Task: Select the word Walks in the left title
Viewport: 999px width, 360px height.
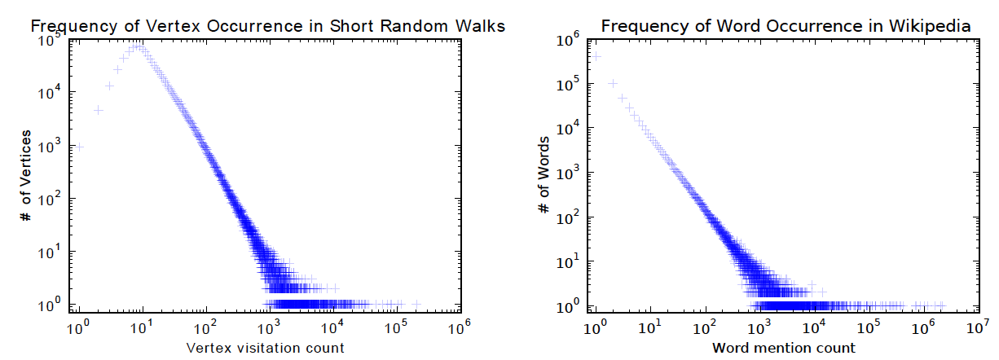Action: coord(482,26)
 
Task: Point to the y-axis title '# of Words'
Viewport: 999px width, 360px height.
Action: coord(544,176)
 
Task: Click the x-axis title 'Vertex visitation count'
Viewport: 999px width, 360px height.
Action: coord(266,348)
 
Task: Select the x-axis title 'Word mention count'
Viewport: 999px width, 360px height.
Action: coord(784,348)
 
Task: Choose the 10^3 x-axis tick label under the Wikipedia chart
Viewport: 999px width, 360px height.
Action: coord(759,328)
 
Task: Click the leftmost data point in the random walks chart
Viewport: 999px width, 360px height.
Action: coord(80,147)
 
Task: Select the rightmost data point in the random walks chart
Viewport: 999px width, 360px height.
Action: coord(416,304)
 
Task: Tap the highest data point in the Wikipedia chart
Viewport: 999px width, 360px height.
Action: coord(596,56)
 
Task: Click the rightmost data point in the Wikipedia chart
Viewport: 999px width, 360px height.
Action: coord(942,305)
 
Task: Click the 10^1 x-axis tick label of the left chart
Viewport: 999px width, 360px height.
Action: coord(142,328)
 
